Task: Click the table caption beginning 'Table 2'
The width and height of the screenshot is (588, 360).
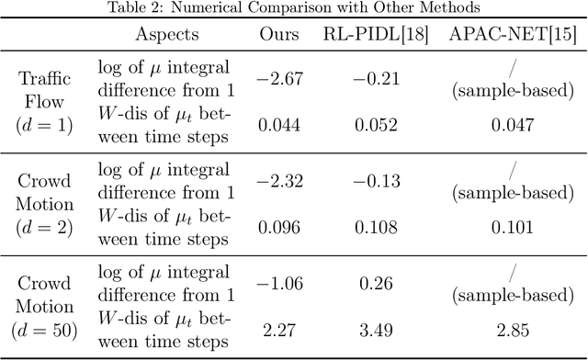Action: [294, 8]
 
